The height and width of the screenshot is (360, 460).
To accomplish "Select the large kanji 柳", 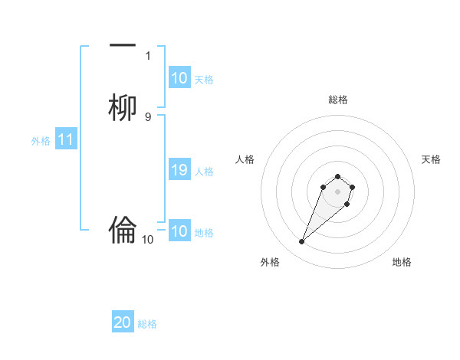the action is [x=123, y=108].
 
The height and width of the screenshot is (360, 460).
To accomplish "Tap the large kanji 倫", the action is [x=123, y=230].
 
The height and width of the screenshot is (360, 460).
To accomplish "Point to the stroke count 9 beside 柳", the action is [x=147, y=116].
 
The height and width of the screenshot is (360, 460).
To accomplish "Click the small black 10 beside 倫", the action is [x=148, y=240].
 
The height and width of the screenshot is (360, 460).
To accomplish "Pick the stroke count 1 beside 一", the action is [x=148, y=55].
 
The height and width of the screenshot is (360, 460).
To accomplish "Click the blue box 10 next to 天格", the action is [x=179, y=78].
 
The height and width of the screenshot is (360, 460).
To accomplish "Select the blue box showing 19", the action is [x=179, y=170].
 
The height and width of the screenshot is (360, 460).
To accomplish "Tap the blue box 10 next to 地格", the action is [x=179, y=231].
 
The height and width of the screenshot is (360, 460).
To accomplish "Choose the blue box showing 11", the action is [x=66, y=140].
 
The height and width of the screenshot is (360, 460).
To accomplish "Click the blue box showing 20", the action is [x=123, y=322].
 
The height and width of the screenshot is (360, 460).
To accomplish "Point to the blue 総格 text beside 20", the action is [x=147, y=324].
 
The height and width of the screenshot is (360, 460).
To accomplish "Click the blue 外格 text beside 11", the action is [x=41, y=141].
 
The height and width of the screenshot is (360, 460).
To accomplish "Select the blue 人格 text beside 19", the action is [x=204, y=171].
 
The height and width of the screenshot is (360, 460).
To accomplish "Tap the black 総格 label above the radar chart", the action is [x=338, y=100].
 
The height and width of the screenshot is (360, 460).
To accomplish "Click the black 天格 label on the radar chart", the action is [x=431, y=159].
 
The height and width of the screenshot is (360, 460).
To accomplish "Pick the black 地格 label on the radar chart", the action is [x=402, y=262].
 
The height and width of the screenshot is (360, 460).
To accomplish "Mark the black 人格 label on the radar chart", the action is [x=245, y=159].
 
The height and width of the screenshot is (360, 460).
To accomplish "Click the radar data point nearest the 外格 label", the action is [x=302, y=242].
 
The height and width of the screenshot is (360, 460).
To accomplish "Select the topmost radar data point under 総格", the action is [x=338, y=173].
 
